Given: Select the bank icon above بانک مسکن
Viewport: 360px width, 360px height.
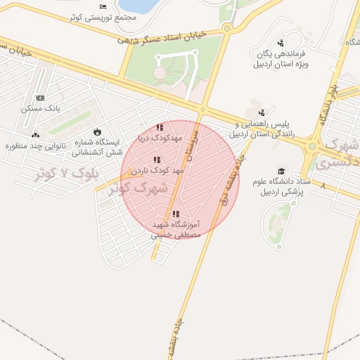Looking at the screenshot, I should (x=40, y=98).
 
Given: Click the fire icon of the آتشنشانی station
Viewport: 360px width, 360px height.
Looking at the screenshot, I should (x=96, y=131).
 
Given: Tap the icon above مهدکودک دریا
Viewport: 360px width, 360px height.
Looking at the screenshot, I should (x=160, y=128).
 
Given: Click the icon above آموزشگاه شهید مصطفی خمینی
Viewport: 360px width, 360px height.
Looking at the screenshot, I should (x=176, y=214).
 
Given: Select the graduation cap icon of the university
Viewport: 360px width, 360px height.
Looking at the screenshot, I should (x=282, y=171).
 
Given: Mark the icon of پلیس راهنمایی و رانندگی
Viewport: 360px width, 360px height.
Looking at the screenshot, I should (x=262, y=112).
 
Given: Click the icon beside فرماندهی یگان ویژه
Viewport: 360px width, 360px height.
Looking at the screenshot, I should (x=281, y=44).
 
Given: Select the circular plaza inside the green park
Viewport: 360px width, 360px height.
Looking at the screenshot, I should (x=160, y=72).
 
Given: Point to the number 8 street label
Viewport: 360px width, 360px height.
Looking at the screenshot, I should (x=323, y=186).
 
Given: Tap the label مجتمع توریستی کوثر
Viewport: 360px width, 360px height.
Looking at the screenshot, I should (x=103, y=17).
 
